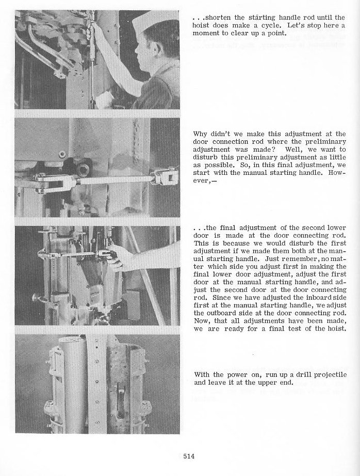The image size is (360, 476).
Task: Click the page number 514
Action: pos(189,455)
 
